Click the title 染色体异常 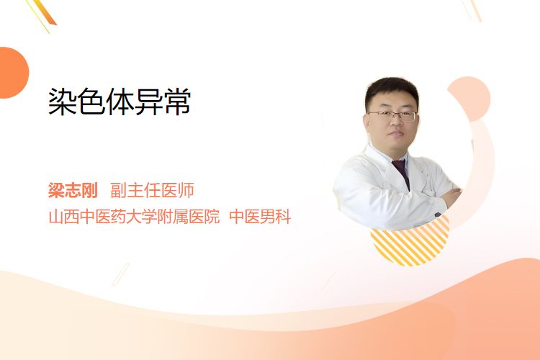119,102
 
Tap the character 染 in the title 62,102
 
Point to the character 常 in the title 177,102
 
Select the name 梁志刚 73,190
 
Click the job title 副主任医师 152,190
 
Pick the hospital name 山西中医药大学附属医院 135,217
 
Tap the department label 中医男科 260,217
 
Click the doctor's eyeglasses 393,115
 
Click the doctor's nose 395,123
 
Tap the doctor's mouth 396,134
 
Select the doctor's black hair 391,91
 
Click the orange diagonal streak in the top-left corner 44,13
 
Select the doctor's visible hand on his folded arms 452,197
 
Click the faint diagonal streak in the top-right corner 472,10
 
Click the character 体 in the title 120,102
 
